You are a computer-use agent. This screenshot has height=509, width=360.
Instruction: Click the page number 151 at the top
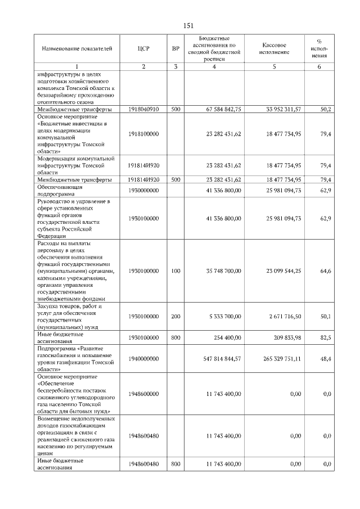pyautogui.click(x=188, y=25)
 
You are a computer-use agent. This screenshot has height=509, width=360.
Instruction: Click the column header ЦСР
pyautogui.click(x=143, y=49)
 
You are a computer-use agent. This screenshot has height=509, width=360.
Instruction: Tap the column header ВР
pyautogui.click(x=175, y=49)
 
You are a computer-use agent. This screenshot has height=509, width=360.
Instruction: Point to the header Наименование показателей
pyautogui.click(x=73, y=49)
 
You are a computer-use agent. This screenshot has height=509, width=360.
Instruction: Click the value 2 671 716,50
pyautogui.click(x=286, y=317)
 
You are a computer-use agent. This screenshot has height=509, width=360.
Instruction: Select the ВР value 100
pyautogui.click(x=175, y=271)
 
